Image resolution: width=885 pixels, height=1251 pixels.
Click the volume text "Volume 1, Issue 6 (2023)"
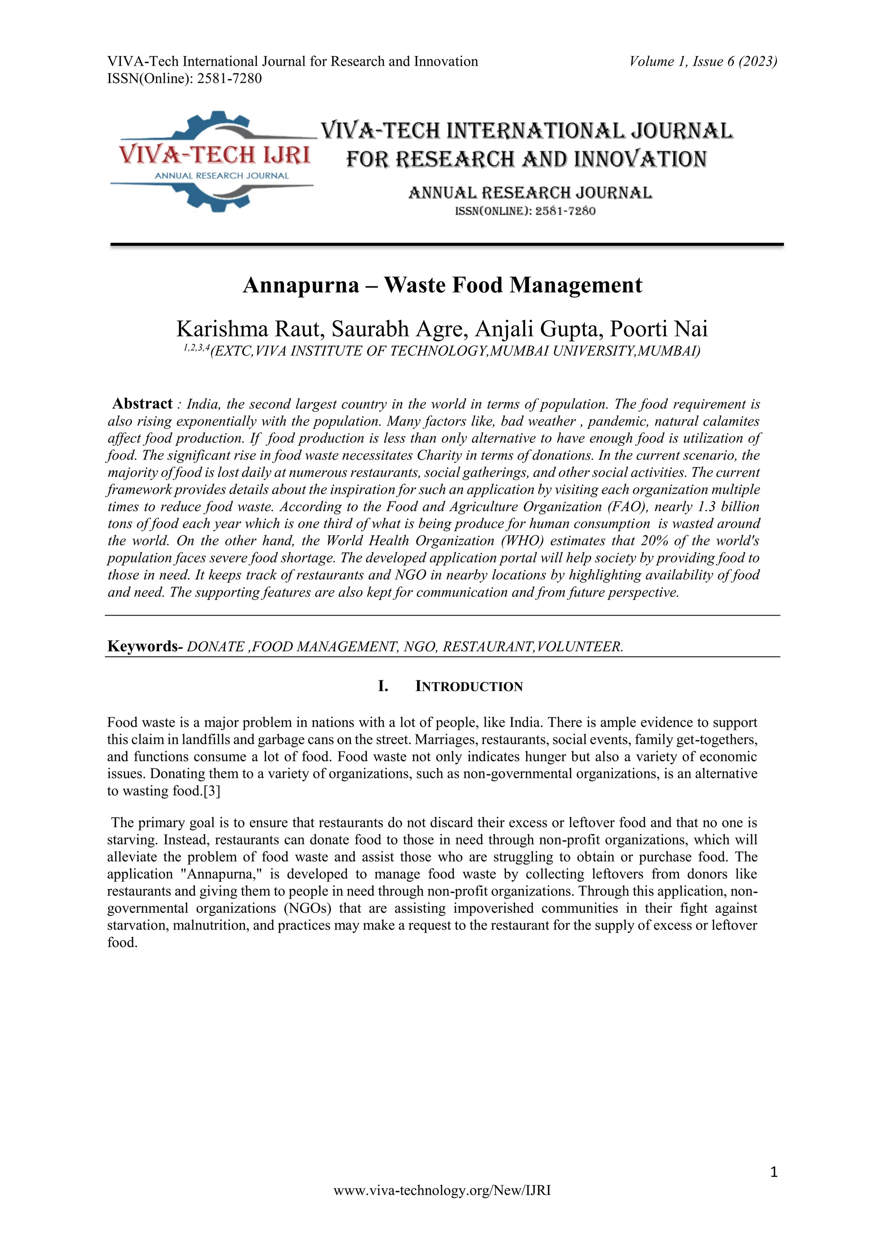coord(703,62)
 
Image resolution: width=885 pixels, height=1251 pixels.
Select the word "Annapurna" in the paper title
coord(301,285)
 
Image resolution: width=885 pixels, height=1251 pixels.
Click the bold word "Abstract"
coord(142,404)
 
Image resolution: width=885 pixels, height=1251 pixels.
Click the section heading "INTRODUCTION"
coord(469,686)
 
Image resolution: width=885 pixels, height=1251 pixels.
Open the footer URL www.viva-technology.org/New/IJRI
coord(442,1206)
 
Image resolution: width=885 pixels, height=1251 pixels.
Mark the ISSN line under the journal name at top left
coord(184,79)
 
